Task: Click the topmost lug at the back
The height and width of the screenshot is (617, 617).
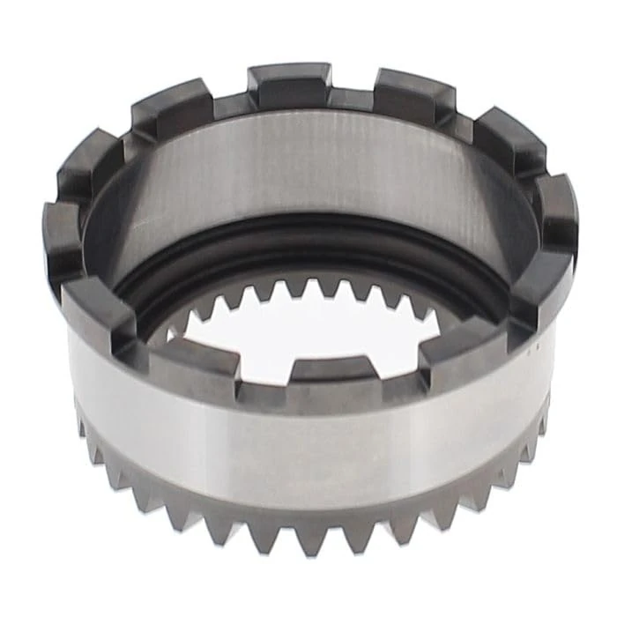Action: pos(289,84)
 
